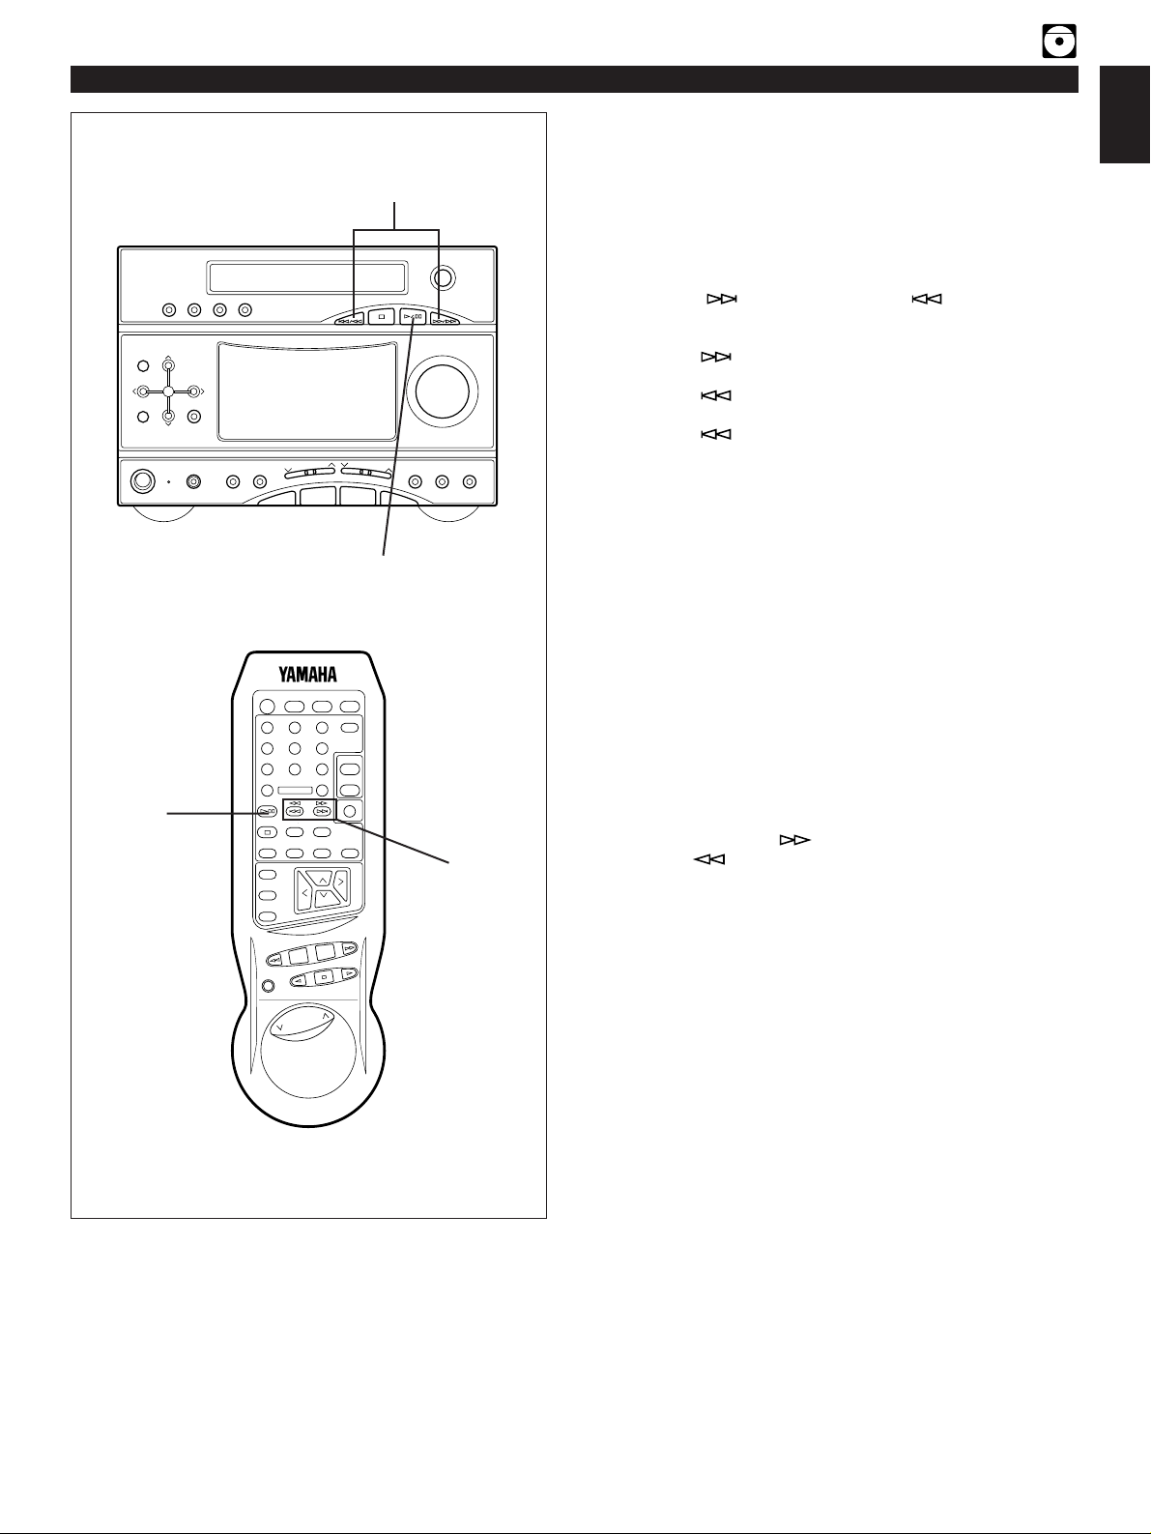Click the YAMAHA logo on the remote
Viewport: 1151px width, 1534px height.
click(x=302, y=674)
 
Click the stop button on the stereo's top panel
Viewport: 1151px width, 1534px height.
click(x=383, y=316)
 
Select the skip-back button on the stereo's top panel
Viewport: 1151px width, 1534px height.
click(x=349, y=316)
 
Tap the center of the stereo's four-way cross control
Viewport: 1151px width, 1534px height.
click(x=168, y=391)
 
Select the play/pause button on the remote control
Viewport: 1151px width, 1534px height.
click(x=267, y=811)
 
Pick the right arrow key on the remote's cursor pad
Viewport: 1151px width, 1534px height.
click(x=340, y=883)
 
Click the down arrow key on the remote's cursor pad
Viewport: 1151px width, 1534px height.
click(x=323, y=898)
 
